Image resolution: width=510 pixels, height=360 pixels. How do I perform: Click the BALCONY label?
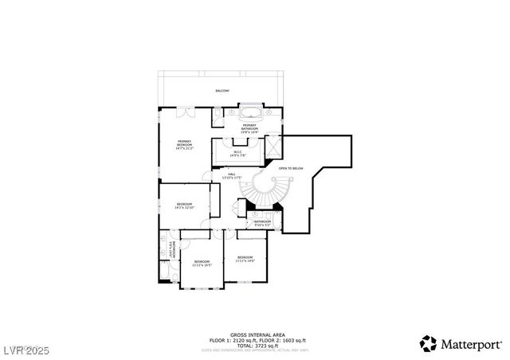(x=222, y=91)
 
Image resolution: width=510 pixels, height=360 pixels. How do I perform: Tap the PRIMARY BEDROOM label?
(x=185, y=145)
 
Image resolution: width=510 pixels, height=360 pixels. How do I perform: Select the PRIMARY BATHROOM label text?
(x=249, y=128)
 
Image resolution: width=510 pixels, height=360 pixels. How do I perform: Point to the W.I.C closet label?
(x=237, y=153)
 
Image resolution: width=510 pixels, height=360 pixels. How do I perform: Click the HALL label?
(x=232, y=175)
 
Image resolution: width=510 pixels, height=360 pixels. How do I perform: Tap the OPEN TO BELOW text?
(x=290, y=168)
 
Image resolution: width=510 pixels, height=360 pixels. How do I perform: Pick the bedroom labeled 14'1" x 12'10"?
(x=185, y=206)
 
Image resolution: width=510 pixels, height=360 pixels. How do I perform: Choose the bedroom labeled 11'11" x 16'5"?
(x=202, y=264)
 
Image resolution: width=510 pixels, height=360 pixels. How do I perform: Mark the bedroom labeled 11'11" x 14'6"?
(x=245, y=259)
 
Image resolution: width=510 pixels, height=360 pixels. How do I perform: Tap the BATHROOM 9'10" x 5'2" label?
(x=263, y=223)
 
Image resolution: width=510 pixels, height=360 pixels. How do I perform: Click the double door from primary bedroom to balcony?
(x=181, y=112)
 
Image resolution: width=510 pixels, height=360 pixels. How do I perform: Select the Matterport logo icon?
(x=429, y=343)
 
